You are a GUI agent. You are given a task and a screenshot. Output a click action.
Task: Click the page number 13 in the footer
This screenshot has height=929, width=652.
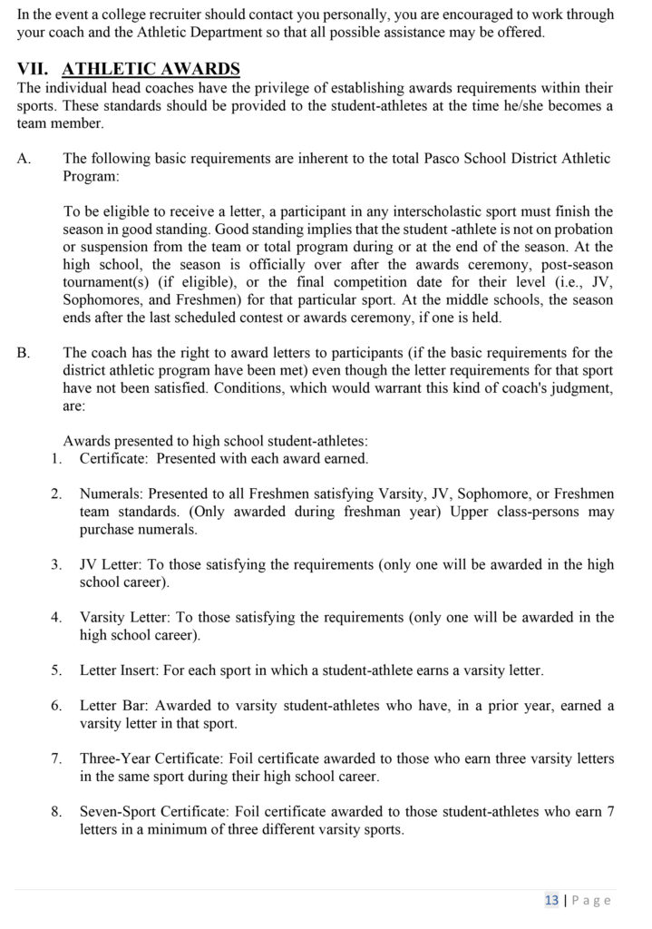point(551,900)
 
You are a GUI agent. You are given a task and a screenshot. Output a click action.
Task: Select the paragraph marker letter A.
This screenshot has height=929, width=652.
point(24,158)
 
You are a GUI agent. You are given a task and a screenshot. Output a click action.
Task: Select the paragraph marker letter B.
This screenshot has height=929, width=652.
point(24,353)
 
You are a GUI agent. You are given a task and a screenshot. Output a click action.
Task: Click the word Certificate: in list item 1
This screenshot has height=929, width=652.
point(113,458)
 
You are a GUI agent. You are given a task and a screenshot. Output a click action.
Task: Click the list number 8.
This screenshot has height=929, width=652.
point(56,812)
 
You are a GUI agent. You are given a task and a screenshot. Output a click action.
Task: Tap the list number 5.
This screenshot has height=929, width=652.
point(56,670)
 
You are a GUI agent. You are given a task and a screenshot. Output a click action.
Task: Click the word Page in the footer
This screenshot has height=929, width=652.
point(592,900)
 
